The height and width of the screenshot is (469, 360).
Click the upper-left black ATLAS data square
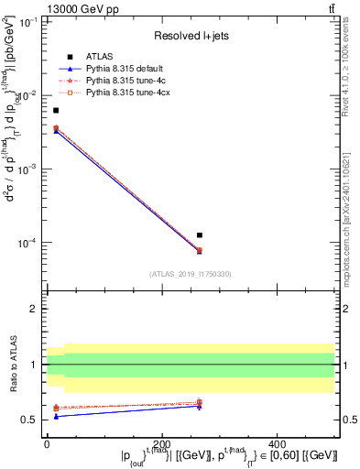(x=56, y=110)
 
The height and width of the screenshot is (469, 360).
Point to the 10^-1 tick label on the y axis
(x=28, y=22)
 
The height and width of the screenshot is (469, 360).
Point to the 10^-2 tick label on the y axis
(x=28, y=96)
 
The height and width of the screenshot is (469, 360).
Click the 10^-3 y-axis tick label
(x=28, y=169)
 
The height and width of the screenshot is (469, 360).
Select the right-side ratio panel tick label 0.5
(x=348, y=420)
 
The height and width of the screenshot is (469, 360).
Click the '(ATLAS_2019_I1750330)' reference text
(x=190, y=274)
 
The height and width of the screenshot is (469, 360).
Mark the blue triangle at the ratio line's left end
(x=56, y=416)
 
